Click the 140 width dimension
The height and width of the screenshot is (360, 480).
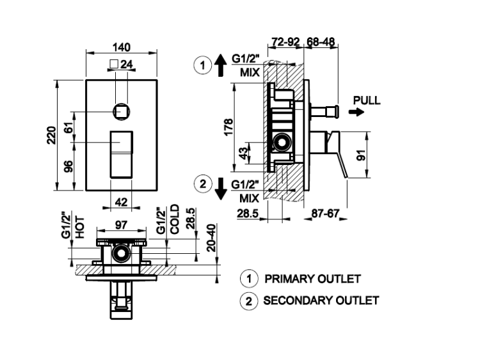click(122, 47)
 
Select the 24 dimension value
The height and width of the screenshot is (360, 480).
click(125, 64)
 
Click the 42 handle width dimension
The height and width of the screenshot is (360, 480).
click(122, 202)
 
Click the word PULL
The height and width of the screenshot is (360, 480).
click(366, 100)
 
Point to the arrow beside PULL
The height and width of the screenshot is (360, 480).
click(357, 112)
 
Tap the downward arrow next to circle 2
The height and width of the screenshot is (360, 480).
click(220, 188)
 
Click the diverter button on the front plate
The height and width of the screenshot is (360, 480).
click(122, 111)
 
